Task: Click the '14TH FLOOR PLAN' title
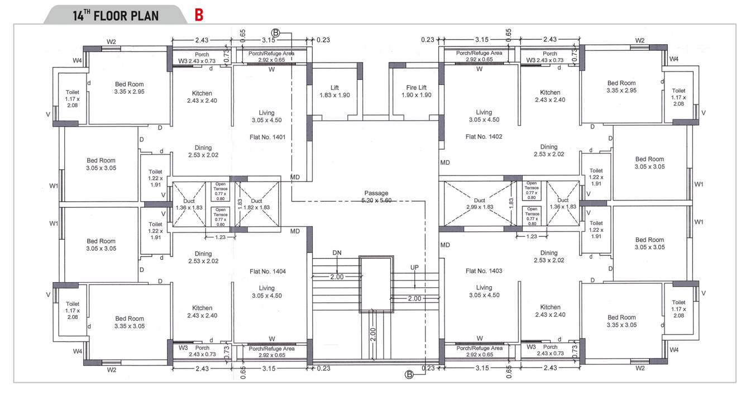pyautogui.click(x=116, y=15)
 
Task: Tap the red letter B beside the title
pyautogui.click(x=199, y=15)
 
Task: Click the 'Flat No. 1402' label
pyautogui.click(x=484, y=136)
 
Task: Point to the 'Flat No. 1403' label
pyautogui.click(x=484, y=271)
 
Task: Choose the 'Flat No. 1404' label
pyautogui.click(x=267, y=271)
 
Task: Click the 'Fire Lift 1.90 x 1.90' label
pyautogui.click(x=416, y=92)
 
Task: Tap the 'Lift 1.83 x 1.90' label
pyautogui.click(x=334, y=92)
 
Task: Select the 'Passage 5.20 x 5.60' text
pyautogui.click(x=376, y=197)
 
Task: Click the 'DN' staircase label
pyautogui.click(x=337, y=253)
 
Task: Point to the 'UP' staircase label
pyautogui.click(x=414, y=268)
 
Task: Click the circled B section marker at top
pyautogui.click(x=275, y=33)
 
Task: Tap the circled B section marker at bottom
pyautogui.click(x=409, y=375)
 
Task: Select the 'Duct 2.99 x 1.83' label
pyautogui.click(x=479, y=203)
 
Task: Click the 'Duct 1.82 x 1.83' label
pyautogui.click(x=256, y=204)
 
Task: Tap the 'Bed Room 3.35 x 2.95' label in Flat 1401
pyautogui.click(x=129, y=87)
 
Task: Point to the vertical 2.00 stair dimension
pyautogui.click(x=373, y=334)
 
